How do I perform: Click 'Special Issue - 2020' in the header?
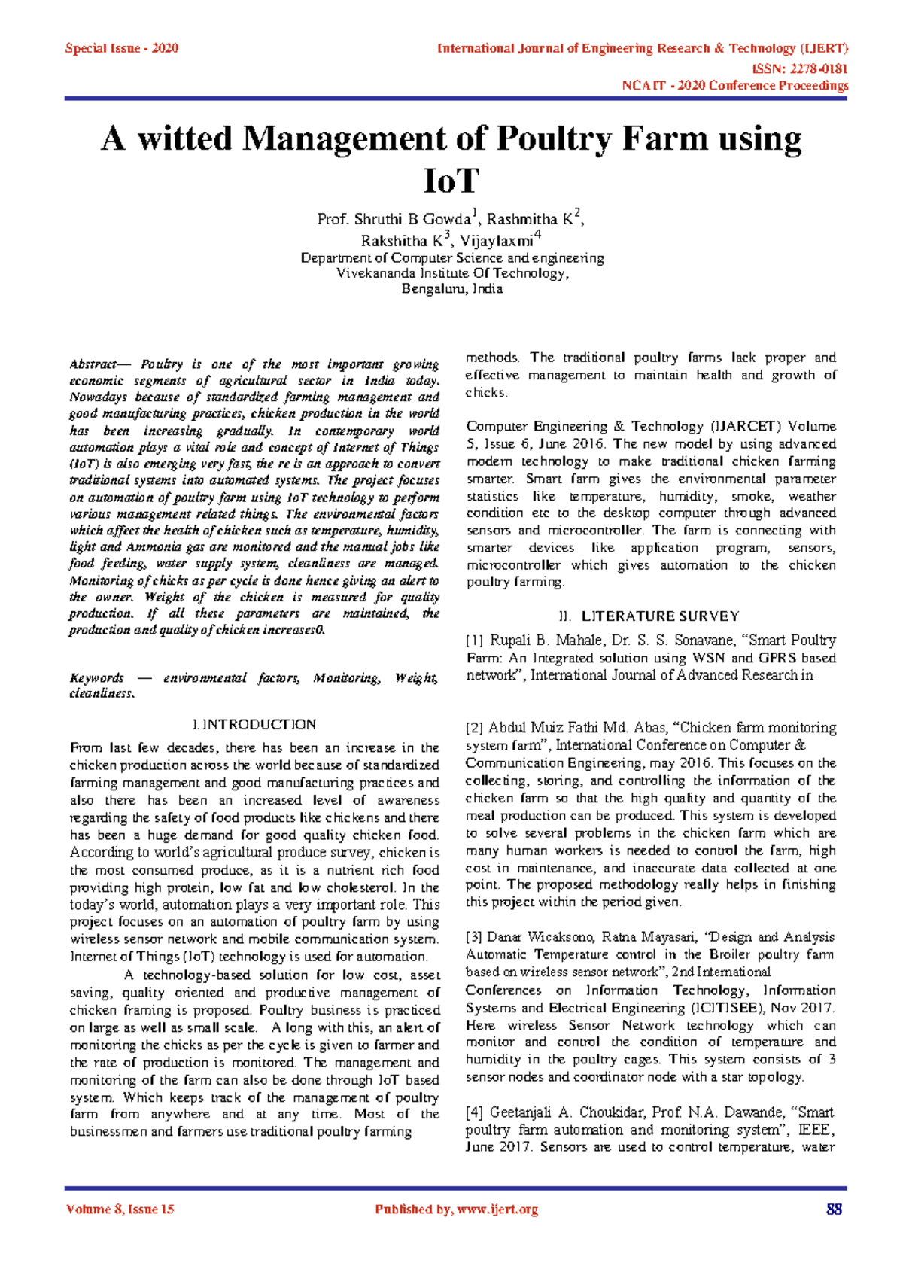click(x=121, y=49)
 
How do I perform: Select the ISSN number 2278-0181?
click(x=815, y=68)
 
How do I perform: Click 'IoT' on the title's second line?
click(x=451, y=181)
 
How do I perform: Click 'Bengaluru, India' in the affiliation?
click(x=451, y=289)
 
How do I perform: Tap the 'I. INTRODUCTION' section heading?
click(x=254, y=725)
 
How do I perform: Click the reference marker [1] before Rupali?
click(x=475, y=641)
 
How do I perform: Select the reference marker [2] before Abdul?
click(x=475, y=728)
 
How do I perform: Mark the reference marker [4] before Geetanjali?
click(x=475, y=1112)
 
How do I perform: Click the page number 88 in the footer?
click(x=834, y=1210)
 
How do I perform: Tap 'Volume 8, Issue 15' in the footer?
click(x=120, y=1210)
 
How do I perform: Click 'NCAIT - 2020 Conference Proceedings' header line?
click(x=734, y=86)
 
